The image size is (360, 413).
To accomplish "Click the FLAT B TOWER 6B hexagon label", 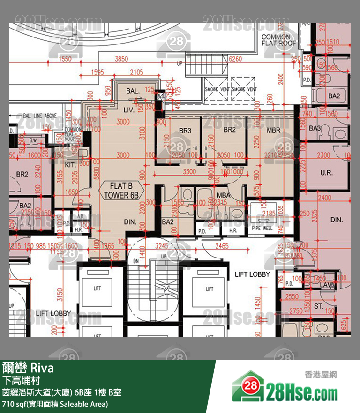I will point(121,190).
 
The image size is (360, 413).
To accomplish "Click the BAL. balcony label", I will point(133,93).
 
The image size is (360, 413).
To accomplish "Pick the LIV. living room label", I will point(129,110).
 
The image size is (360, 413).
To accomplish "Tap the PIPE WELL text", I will point(262,229).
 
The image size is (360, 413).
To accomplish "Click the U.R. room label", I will point(326,173).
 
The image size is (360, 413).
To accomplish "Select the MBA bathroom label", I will point(223,194).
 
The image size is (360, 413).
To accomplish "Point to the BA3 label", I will point(315,128).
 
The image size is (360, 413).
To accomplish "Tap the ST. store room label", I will point(319,306).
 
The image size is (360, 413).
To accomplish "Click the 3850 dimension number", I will point(121,59).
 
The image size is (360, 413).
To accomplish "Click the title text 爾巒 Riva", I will point(28,367).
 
